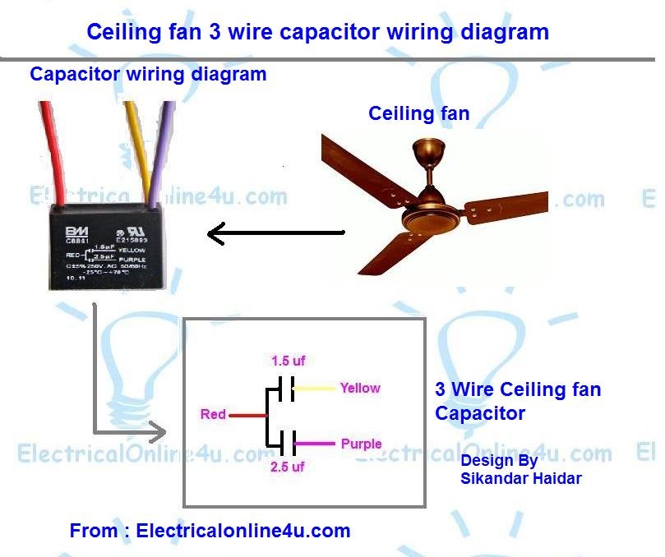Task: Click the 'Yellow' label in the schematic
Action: pos(360,388)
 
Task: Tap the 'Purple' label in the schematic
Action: pos(361,444)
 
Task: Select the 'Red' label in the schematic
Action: pos(213,415)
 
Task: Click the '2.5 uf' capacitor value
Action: pos(288,467)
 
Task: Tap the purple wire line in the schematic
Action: pos(316,444)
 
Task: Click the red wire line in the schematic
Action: pos(247,415)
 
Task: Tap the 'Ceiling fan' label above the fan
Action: pos(418,113)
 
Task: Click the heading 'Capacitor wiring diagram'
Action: pos(148,74)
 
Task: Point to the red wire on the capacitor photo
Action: pos(53,152)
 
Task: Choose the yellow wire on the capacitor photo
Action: pos(136,152)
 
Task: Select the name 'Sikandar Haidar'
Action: pos(521,477)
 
